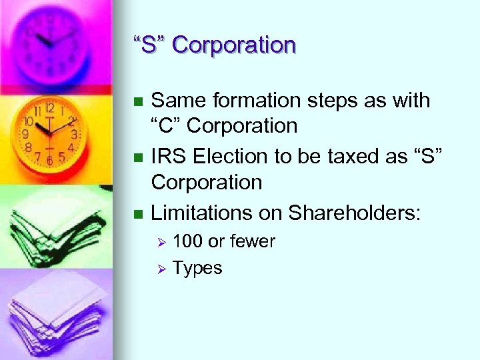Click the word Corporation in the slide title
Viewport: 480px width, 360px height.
[x=233, y=45]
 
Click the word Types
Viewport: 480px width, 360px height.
[x=197, y=268]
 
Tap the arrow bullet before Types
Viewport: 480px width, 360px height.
[x=160, y=269]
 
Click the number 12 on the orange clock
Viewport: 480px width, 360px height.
[x=49, y=108]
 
